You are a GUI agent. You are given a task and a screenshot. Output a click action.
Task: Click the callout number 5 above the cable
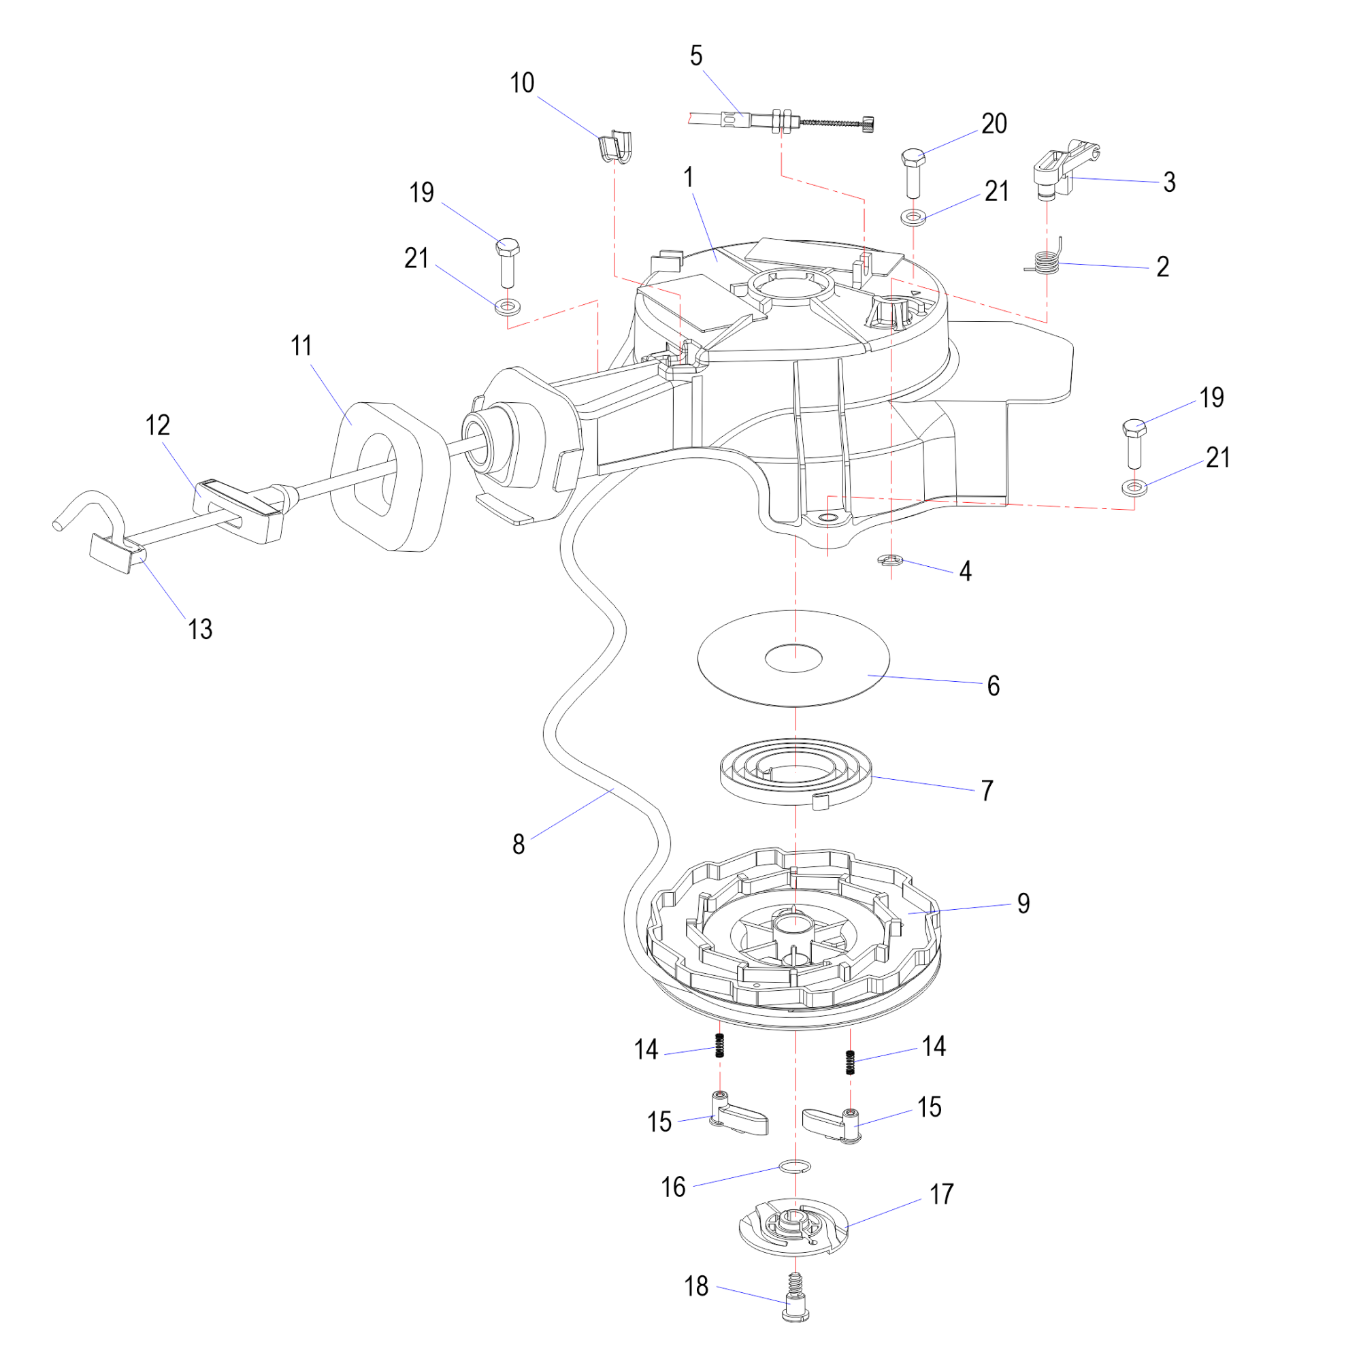coord(696,56)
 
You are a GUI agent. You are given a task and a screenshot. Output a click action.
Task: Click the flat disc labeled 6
coord(793,658)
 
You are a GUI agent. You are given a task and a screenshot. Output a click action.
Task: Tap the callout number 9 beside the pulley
coord(1023,903)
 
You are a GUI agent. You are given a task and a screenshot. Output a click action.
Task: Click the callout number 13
coord(200,629)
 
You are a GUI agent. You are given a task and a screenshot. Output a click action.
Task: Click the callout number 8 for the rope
coord(519,844)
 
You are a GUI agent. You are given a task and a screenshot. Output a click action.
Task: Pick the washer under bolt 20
coord(914,216)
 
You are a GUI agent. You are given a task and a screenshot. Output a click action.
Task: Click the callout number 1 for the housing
coord(688,178)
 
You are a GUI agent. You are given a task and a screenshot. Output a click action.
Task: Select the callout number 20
coord(994,124)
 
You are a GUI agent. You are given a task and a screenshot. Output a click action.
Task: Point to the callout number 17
coord(941,1194)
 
